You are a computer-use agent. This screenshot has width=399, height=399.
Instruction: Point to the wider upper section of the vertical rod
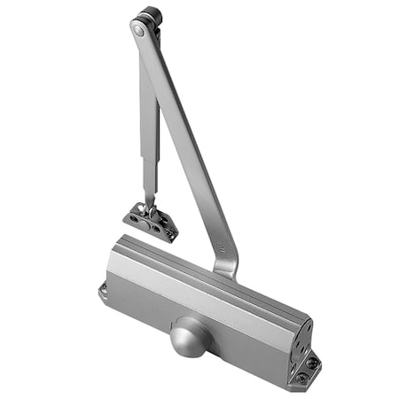click(x=148, y=98)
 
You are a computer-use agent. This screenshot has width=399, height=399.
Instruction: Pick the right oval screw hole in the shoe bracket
click(x=165, y=227)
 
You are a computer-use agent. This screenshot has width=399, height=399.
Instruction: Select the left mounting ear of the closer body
click(x=103, y=290)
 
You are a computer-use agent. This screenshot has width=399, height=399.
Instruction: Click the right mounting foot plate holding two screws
click(x=307, y=370)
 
